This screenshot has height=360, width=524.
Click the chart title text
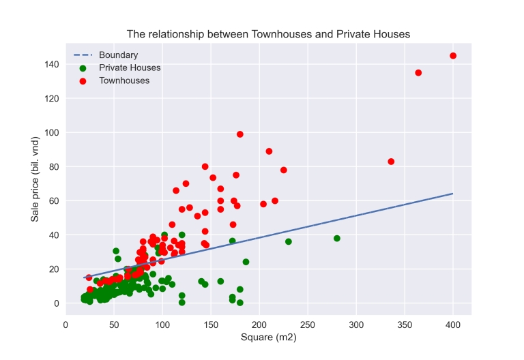[268, 34]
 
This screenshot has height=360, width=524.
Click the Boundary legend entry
[118, 55]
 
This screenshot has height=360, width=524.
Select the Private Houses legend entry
[130, 67]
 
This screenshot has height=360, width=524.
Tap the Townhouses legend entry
[124, 80]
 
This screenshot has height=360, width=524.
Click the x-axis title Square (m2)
[268, 337]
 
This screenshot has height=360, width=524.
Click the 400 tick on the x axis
[453, 325]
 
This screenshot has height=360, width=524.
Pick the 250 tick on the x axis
[308, 325]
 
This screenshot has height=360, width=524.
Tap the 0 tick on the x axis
[65, 325]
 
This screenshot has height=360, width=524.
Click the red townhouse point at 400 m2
[453, 56]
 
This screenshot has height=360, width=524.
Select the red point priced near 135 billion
[418, 73]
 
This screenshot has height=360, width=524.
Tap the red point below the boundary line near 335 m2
[391, 162]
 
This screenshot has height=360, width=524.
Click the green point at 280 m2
[337, 239]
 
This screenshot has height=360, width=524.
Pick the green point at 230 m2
[289, 242]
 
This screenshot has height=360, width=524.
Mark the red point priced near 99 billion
[240, 134]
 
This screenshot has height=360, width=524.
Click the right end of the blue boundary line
[453, 194]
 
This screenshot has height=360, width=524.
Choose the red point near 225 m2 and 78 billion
[284, 170]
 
